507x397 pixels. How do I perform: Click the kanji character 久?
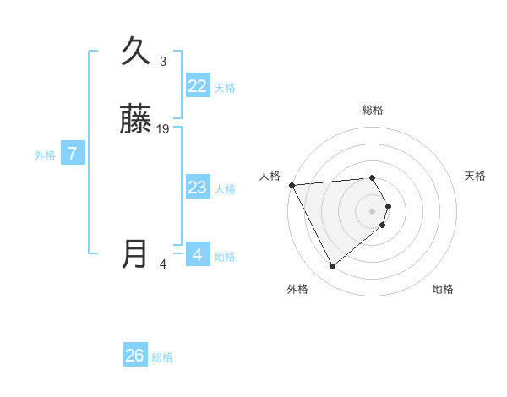136,51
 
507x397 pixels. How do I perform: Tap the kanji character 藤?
136,119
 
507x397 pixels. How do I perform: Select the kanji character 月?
136,254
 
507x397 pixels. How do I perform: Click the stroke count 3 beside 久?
163,61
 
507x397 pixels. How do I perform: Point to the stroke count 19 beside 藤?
163,129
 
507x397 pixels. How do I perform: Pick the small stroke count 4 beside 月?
163,264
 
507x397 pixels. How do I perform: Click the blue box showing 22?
197,86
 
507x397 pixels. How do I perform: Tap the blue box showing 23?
197,188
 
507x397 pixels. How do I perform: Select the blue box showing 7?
73,154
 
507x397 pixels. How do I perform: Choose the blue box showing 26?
135,356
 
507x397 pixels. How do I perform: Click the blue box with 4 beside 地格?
197,254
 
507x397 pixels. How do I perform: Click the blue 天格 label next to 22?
225,88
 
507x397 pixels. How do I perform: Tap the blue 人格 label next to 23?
225,189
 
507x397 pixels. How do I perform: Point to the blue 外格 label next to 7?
45,155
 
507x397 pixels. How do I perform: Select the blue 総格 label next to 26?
162,357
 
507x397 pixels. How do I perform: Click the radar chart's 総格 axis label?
373,110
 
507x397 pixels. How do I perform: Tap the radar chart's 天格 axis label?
476,176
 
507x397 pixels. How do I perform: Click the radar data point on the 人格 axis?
292,184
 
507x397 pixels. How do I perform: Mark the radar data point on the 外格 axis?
332,267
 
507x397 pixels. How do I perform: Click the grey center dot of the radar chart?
373,210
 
